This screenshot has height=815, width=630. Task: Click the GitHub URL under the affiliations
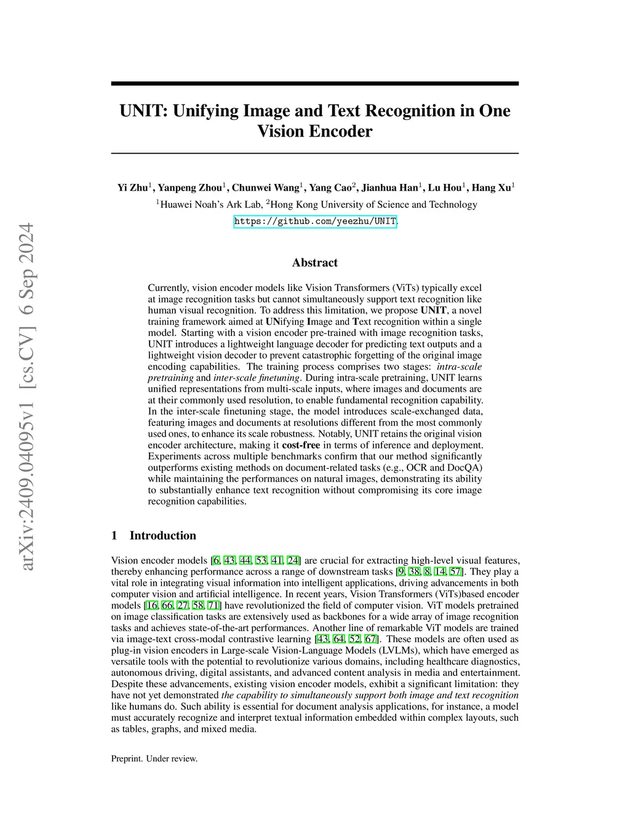point(315,221)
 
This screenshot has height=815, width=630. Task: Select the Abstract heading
point(315,263)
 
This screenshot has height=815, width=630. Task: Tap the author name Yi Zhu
point(132,188)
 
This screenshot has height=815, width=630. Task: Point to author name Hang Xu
point(492,188)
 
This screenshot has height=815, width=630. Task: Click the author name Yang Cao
point(330,188)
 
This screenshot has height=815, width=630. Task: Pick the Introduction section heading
point(162,536)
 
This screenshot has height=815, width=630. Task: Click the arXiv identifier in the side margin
point(28,397)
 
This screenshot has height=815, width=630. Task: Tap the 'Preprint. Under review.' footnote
point(154,758)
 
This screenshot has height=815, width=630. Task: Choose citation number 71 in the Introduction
point(213,606)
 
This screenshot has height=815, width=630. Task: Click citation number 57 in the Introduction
point(455,572)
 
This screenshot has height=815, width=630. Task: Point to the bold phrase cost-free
point(301,445)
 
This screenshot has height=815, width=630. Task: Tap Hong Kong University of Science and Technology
point(374,205)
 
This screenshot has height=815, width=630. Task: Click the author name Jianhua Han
point(389,188)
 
